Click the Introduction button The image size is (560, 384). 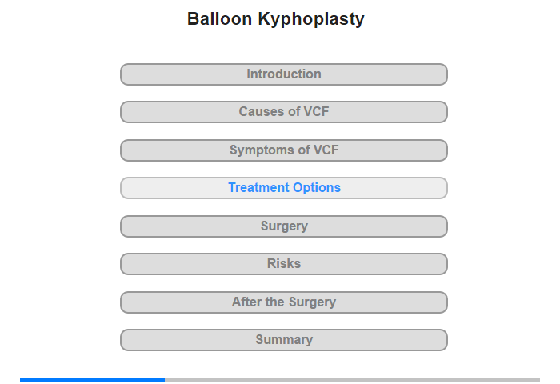tap(284, 74)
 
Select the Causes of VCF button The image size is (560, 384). tap(284, 112)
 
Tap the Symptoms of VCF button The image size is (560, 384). tap(284, 150)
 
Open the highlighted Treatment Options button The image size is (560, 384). tap(284, 188)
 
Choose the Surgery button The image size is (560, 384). tap(284, 226)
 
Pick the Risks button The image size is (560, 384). tap(284, 264)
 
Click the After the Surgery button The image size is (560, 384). tap(284, 302)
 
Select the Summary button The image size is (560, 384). tap(284, 340)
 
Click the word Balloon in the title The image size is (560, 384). tap(220, 18)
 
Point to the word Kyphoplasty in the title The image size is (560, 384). tap(311, 20)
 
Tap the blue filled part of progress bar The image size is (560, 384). tap(93, 379)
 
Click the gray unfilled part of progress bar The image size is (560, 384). tap(353, 379)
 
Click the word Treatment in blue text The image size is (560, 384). tap(259, 187)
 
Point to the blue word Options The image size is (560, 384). tap(317, 188)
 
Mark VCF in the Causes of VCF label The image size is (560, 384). tap(316, 111)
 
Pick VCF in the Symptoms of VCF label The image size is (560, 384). tap(326, 150)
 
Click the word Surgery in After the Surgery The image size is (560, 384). tap(312, 302)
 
